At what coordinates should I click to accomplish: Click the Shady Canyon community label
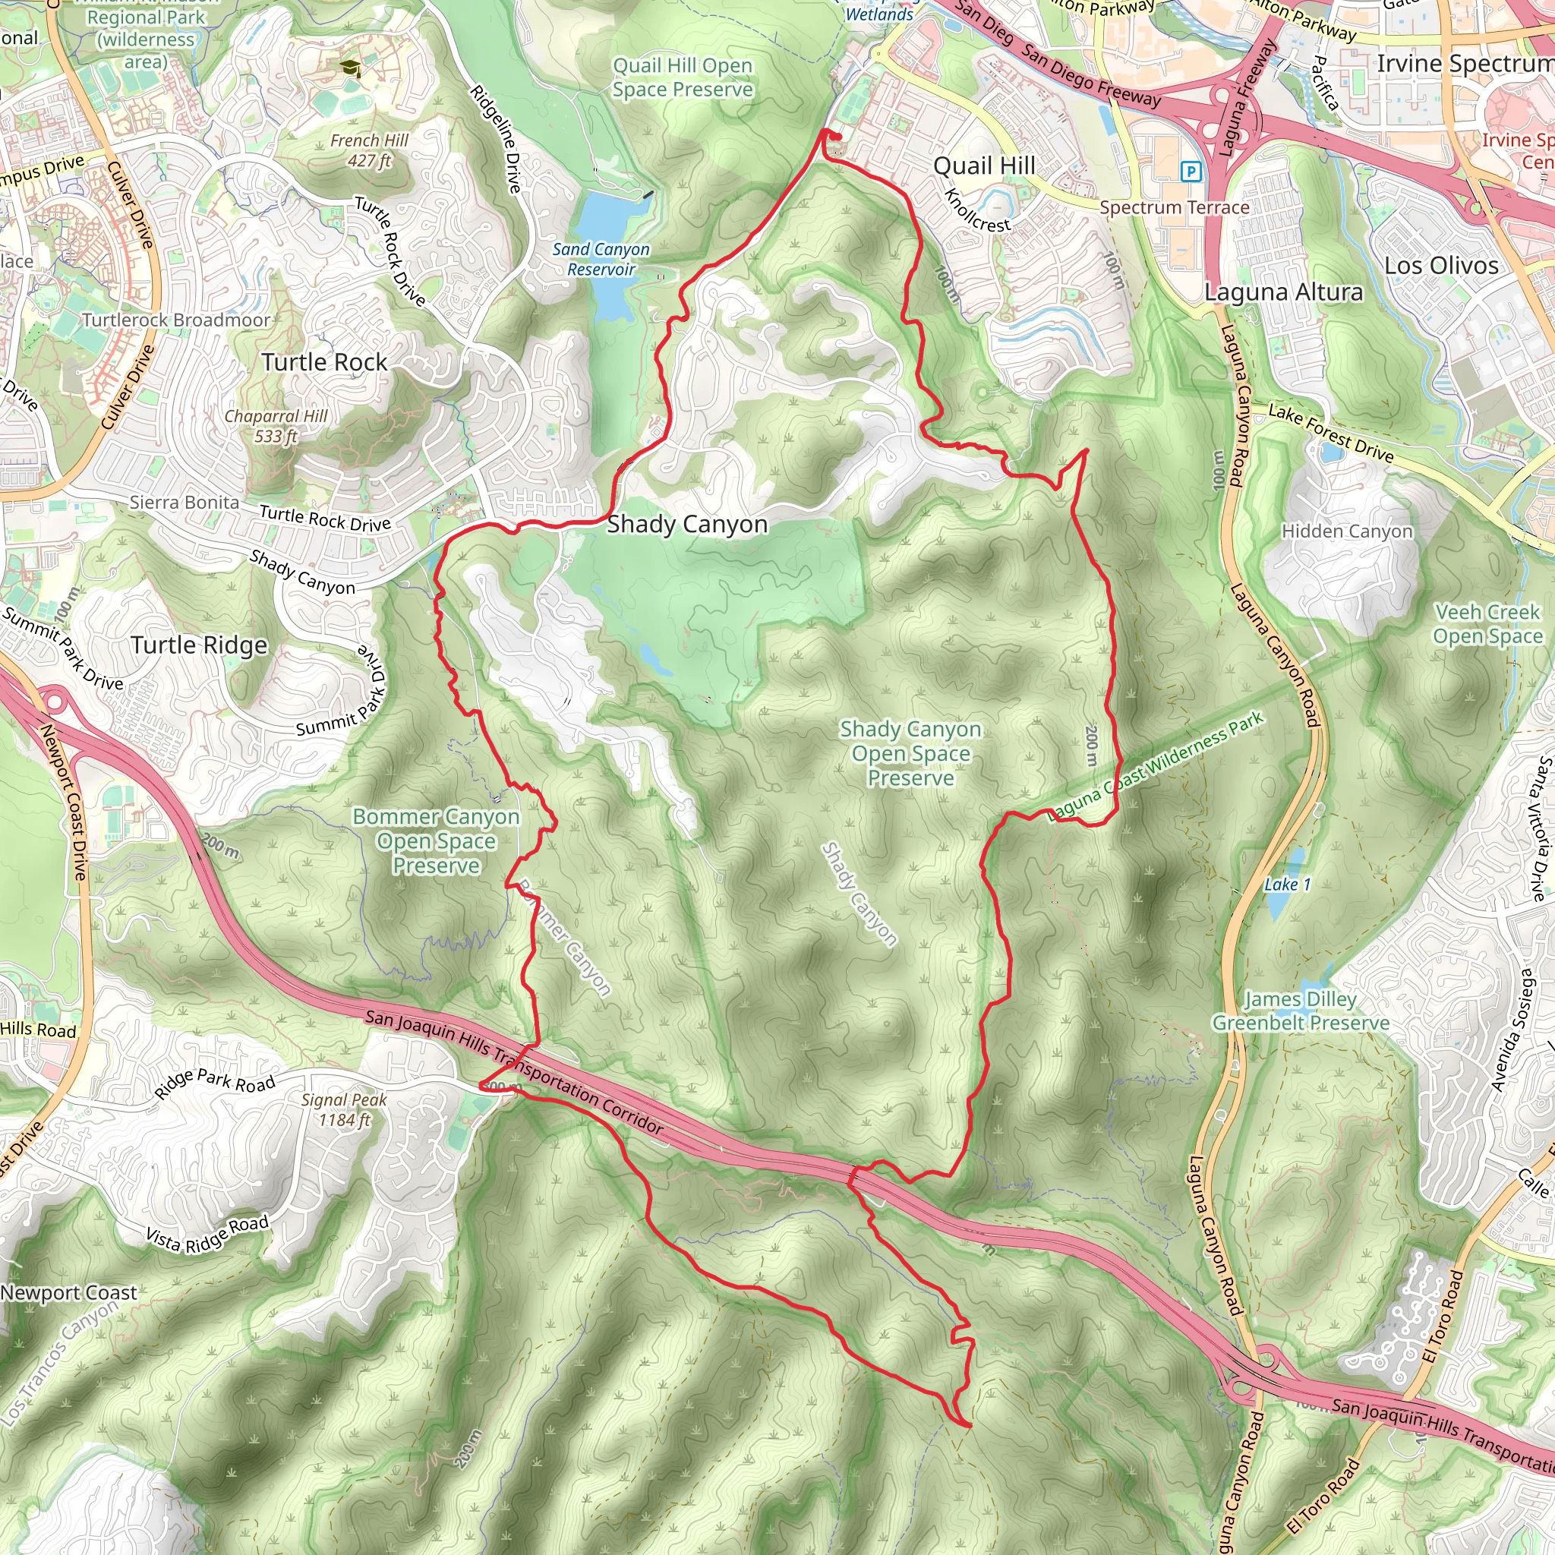(686, 525)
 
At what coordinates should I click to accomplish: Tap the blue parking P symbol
(1191, 172)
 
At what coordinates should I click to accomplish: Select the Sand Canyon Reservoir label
(601, 259)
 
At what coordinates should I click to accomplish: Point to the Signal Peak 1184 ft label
(345, 1109)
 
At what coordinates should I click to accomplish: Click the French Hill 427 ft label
(370, 150)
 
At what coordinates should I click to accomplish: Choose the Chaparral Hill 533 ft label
(276, 426)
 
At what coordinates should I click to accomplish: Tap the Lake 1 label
(1287, 885)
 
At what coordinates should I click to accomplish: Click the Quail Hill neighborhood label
(983, 166)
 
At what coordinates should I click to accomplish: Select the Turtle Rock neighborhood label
(324, 362)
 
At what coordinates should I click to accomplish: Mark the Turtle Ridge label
(199, 645)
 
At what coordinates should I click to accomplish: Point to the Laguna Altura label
(1283, 292)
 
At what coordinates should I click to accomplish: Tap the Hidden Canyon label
(1346, 531)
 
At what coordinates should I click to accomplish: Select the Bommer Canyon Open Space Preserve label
(437, 841)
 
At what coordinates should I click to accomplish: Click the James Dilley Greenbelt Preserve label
(1301, 1011)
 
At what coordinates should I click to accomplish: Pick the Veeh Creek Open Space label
(1487, 624)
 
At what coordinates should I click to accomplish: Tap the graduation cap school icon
(350, 68)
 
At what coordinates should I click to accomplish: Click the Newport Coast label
(68, 1292)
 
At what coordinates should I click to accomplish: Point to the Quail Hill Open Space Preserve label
(683, 77)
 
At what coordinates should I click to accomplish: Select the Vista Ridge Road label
(207, 1233)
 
